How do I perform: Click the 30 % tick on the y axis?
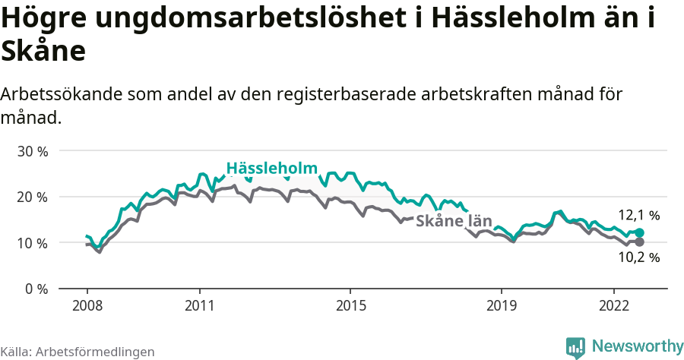click(33, 151)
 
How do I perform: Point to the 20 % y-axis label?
click(33, 197)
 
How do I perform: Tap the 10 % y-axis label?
click(33, 243)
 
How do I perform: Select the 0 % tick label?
click(36, 289)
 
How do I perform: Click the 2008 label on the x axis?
click(87, 305)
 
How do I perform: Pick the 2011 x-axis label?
click(199, 305)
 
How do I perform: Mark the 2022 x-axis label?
click(613, 305)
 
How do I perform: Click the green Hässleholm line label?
click(271, 169)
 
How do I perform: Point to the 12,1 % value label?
click(638, 216)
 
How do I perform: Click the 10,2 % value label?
click(638, 257)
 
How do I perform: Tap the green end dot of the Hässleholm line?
click(639, 233)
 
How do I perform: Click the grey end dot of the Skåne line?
click(639, 242)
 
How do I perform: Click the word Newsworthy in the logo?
click(638, 346)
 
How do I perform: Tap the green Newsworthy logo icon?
click(575, 347)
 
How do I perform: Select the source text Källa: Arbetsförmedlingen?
click(78, 352)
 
